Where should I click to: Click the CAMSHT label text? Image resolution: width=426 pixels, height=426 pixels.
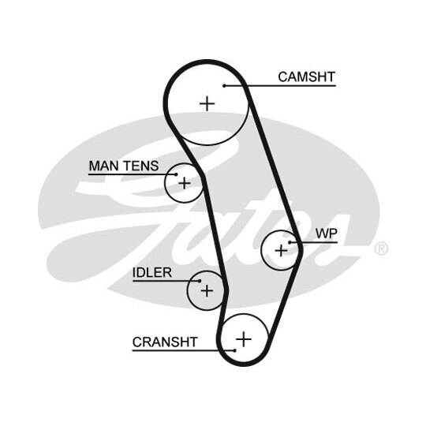pyautogui.click(x=306, y=77)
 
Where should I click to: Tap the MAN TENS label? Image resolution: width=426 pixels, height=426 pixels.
pyautogui.click(x=124, y=166)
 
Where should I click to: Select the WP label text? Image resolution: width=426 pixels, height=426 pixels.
pyautogui.click(x=327, y=234)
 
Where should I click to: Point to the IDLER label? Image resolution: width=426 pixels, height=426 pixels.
pyautogui.click(x=152, y=272)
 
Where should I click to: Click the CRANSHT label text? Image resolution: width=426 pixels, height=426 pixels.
pyautogui.click(x=165, y=342)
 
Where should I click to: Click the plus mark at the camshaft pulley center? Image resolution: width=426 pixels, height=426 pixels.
pyautogui.click(x=207, y=103)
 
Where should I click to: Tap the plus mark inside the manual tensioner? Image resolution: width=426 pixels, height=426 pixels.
pyautogui.click(x=185, y=183)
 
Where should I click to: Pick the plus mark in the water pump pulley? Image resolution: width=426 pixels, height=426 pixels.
pyautogui.click(x=281, y=250)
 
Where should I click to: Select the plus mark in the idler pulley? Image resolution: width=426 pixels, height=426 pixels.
pyautogui.click(x=207, y=290)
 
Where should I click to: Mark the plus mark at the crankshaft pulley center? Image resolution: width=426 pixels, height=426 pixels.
pyautogui.click(x=244, y=339)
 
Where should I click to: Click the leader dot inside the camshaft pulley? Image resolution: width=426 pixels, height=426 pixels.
pyautogui.click(x=224, y=86)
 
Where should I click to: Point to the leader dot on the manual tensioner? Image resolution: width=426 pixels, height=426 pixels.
pyautogui.click(x=176, y=174)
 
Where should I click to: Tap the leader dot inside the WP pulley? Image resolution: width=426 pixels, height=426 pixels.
pyautogui.click(x=290, y=242)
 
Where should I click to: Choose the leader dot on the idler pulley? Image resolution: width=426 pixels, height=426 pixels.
pyautogui.click(x=200, y=281)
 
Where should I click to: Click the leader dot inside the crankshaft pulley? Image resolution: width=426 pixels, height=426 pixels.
pyautogui.click(x=235, y=350)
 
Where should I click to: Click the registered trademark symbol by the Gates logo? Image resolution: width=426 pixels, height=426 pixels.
pyautogui.click(x=381, y=248)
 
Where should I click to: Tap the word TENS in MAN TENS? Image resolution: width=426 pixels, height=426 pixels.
pyautogui.click(x=141, y=166)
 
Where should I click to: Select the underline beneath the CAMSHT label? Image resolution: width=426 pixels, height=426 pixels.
pyautogui.click(x=280, y=86)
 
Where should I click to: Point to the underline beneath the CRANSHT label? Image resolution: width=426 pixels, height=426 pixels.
pyautogui.click(x=184, y=350)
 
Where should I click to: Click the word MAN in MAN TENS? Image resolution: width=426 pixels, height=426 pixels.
pyautogui.click(x=104, y=166)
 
